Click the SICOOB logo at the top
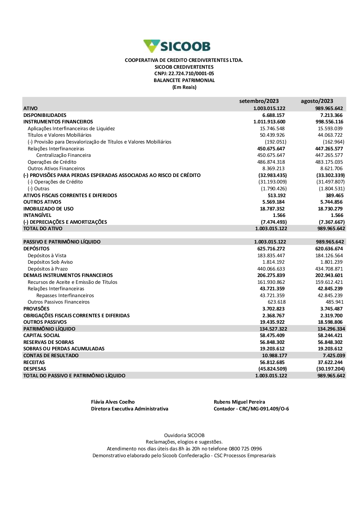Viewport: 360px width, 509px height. coord(177,46)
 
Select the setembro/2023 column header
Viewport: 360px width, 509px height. coord(259,101)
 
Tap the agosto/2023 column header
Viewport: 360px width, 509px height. coord(317,101)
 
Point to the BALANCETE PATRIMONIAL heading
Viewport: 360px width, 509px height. coord(184,81)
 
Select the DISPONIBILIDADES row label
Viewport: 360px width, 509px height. coord(45,115)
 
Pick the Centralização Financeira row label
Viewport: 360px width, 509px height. coord(63,155)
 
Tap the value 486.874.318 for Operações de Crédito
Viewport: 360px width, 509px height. coord(271,162)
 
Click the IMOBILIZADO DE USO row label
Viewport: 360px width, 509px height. coord(48,209)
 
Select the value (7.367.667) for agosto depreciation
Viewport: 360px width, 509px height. coord(332,222)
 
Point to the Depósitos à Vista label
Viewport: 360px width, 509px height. coord(47,255)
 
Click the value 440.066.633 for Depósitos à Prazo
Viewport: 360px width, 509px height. coord(271,269)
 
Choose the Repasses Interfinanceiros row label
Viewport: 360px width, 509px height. coord(65,295)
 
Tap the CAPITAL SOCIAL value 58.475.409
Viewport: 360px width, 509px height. coord(272,335)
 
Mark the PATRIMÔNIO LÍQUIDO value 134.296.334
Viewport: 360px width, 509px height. coord(331,329)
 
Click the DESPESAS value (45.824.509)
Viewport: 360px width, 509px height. coord(273,369)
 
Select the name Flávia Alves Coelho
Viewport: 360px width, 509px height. coord(113,402)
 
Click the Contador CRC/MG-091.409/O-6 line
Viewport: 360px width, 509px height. coord(251,409)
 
